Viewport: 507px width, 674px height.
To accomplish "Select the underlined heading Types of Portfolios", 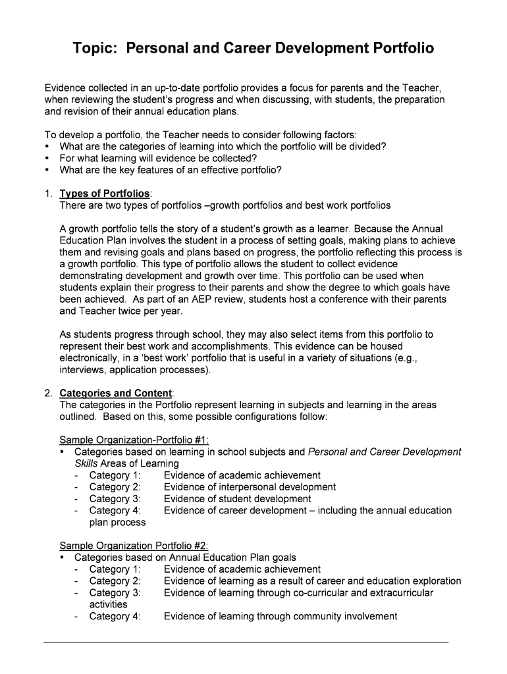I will tap(105, 194).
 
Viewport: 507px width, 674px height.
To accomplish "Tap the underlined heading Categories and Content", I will tap(115, 393).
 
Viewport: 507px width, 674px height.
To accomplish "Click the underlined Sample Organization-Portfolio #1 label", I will tap(134, 440).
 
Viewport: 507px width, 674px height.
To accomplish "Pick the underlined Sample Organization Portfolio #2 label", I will tap(134, 545).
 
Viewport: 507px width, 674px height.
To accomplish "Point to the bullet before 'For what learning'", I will tap(47, 158).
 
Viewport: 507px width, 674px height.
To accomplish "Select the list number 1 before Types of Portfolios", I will tap(48, 194).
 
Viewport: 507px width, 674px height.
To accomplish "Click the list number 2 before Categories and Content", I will tap(48, 393).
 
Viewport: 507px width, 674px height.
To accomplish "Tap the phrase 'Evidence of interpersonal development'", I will tap(250, 487).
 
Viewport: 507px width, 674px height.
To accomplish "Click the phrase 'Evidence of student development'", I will tap(237, 499).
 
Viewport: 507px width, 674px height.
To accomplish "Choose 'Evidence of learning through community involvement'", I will tap(280, 616).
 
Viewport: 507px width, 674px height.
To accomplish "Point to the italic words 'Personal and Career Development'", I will tap(385, 452).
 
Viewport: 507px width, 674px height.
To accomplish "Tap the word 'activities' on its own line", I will tap(109, 604).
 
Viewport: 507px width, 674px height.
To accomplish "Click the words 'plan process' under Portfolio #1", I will tap(117, 522).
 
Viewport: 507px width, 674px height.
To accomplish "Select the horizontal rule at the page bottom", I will tap(246, 642).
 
